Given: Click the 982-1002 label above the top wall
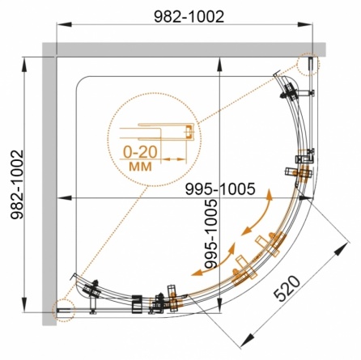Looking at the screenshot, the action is (x=189, y=17).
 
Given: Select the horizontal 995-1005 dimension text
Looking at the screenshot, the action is (x=220, y=188).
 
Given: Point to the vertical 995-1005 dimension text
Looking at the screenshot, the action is (x=210, y=234).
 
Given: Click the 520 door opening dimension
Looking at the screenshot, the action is (x=287, y=289).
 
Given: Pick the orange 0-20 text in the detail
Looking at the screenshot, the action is (x=140, y=152).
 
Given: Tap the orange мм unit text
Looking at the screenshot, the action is (x=140, y=167).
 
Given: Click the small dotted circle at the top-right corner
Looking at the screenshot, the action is (x=308, y=65).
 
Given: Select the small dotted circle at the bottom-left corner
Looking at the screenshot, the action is (x=63, y=310).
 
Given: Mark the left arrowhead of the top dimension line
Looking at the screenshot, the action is (x=64, y=24).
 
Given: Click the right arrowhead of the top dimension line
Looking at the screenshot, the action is (x=305, y=24).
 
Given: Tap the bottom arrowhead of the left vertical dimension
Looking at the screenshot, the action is (x=24, y=305).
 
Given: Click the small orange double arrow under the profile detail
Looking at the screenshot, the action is (x=173, y=159).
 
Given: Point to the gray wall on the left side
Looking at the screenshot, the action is (x=49, y=184).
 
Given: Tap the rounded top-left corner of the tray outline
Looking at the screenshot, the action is (x=79, y=80).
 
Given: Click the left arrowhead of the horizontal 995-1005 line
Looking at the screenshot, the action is (x=65, y=198).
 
